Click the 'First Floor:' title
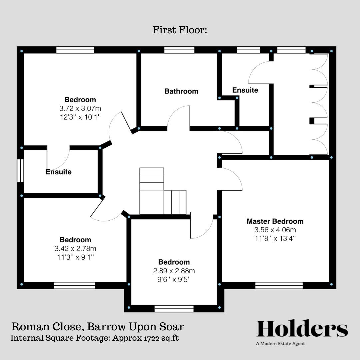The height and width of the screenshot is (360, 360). pos(180,30)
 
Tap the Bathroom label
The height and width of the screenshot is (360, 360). pos(181,91)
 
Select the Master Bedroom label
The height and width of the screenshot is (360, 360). pos(275,221)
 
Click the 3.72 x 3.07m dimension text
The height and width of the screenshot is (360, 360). pos(80,108)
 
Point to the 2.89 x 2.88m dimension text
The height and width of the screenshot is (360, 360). pos(174,271)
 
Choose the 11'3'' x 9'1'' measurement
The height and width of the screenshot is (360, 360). pos(75,257)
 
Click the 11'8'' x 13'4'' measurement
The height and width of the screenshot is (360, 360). pos(275,238)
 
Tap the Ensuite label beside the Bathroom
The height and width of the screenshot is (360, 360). pos(245,90)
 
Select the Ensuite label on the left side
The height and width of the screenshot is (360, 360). pos(59,172)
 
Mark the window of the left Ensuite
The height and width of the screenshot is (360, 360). pos(20,171)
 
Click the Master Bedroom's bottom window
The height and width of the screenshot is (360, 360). pos(279,285)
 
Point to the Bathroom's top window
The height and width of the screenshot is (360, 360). pos(179,50)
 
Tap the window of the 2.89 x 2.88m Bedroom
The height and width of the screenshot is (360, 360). pos(174,309)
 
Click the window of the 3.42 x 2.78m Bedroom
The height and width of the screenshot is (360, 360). pos(75,285)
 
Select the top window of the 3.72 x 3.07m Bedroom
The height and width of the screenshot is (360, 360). pos(75,50)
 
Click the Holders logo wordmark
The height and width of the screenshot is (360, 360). pos(302,329)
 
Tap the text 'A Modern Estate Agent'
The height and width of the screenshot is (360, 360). pos(280,344)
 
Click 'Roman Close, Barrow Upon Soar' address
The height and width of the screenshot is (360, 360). pos(98,326)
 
